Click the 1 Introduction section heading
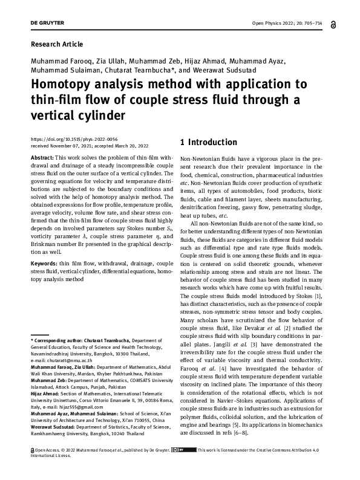209,143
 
